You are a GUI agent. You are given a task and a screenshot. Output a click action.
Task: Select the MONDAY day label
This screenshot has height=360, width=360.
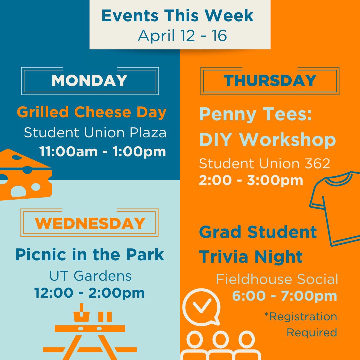(x=90, y=81)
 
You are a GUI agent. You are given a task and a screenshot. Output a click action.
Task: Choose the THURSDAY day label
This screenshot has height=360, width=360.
(x=270, y=81)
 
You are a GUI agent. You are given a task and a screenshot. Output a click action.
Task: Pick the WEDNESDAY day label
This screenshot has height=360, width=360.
(x=90, y=223)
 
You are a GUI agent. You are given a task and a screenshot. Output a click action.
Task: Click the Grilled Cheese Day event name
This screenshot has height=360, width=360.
(x=92, y=112)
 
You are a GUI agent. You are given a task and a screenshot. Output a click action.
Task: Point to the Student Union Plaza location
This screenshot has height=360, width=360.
(x=95, y=133)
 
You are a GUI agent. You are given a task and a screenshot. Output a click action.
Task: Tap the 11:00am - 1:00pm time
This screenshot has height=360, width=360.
(x=103, y=151)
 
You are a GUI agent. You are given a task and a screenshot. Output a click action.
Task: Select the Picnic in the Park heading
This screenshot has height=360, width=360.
(x=90, y=254)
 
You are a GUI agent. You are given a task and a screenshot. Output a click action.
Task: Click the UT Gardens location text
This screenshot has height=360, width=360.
(x=90, y=276)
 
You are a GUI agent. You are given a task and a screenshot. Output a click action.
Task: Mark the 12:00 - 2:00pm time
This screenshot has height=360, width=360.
(x=90, y=293)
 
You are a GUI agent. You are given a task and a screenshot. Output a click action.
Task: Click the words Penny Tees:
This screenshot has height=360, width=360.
(x=255, y=114)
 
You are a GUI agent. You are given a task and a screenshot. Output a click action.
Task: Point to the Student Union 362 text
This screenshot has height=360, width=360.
(x=265, y=163)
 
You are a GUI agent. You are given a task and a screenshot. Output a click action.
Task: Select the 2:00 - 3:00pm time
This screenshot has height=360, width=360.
(x=251, y=180)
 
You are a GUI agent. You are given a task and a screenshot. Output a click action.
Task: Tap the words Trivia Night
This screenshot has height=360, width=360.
(x=251, y=257)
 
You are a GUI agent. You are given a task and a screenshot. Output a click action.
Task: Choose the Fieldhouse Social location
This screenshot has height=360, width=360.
(x=277, y=279)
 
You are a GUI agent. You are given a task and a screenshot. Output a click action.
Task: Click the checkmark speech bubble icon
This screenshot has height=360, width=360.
(x=201, y=306)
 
